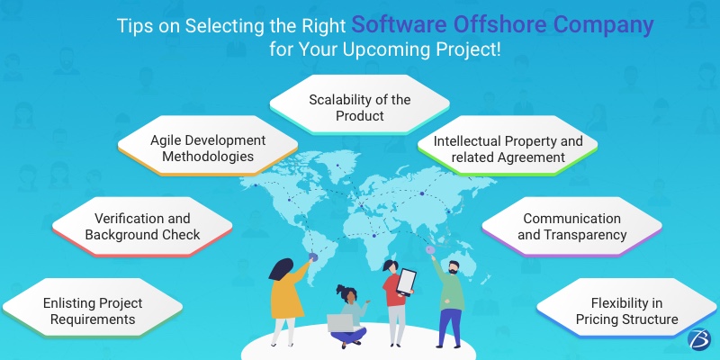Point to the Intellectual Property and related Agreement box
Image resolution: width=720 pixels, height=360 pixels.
tap(508, 149)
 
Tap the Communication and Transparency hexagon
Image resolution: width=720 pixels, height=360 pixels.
tap(571, 226)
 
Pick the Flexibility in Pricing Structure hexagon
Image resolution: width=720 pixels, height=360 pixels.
tap(628, 310)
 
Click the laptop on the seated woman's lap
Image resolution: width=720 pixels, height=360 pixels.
tap(340, 322)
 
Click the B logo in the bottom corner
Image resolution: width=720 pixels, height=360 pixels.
tap(695, 338)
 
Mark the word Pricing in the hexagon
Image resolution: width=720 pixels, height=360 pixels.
tap(608, 319)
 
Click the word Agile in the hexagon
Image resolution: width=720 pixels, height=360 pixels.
tap(165, 140)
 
